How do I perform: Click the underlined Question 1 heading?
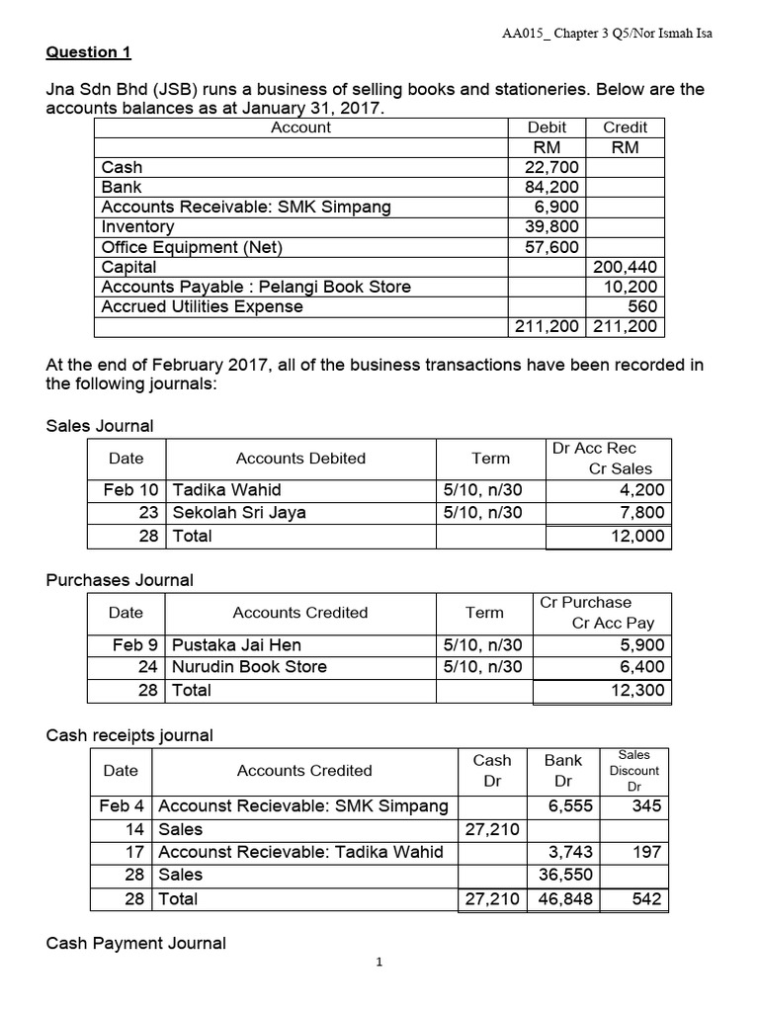tap(89, 51)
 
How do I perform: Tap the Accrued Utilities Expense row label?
tap(203, 306)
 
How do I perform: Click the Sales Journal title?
tap(100, 426)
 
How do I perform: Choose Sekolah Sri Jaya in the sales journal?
tap(239, 513)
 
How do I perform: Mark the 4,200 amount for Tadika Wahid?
tap(642, 489)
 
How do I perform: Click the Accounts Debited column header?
tap(300, 459)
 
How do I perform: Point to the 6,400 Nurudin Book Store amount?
tap(642, 667)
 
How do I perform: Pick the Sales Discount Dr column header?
tap(634, 771)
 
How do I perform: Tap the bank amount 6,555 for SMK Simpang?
tap(570, 806)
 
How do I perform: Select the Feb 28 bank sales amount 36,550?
tap(566, 875)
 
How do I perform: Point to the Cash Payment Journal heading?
tap(136, 944)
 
